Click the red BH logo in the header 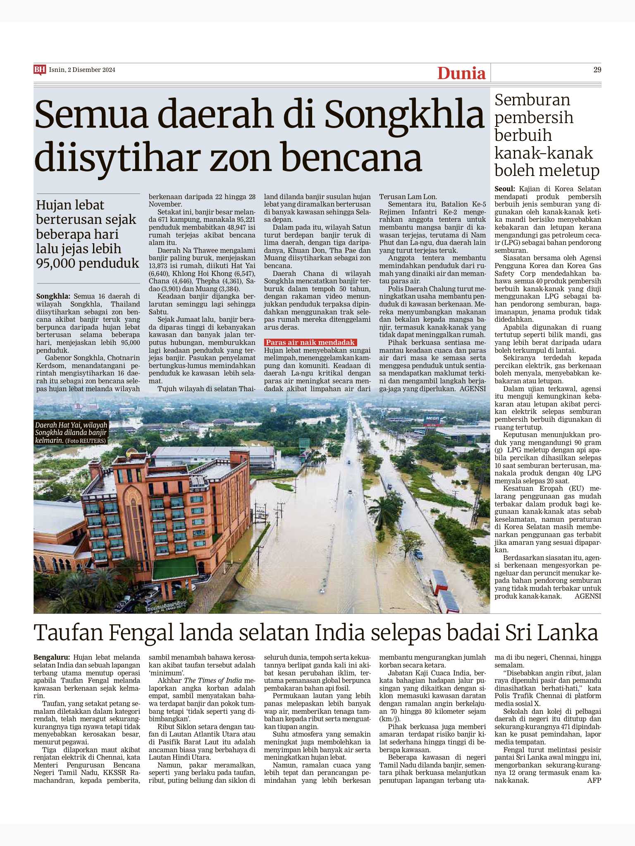click(x=39, y=70)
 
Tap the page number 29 click(x=597, y=70)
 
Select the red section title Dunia click(x=461, y=73)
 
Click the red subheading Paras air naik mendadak click(x=310, y=342)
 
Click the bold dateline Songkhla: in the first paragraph click(x=53, y=296)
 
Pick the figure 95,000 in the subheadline click(x=58, y=263)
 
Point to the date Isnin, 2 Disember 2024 click(x=82, y=70)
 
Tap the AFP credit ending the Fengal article click(x=594, y=781)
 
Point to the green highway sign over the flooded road click(x=304, y=444)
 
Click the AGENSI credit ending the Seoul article click(x=587, y=596)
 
